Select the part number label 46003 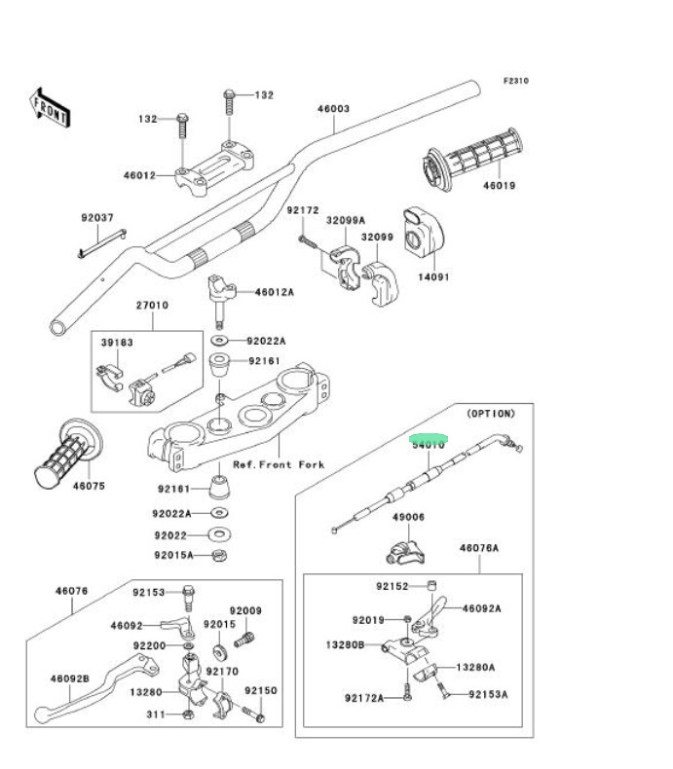click(333, 109)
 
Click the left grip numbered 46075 click(67, 454)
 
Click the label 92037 click(96, 218)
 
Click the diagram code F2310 click(515, 81)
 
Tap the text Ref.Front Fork click(279, 465)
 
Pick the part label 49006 click(408, 518)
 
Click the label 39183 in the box click(118, 344)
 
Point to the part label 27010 click(152, 305)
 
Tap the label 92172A click(363, 698)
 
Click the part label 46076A click(479, 549)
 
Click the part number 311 click(155, 714)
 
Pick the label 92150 click(261, 690)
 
